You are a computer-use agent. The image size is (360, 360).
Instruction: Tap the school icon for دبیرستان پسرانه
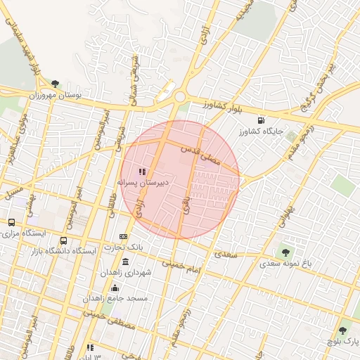142,171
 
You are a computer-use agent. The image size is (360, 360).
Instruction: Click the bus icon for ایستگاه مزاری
11,222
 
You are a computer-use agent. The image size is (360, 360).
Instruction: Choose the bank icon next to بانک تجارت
124,237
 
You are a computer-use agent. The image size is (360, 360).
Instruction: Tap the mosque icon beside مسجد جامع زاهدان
115,288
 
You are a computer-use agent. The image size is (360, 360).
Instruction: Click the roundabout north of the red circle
181,98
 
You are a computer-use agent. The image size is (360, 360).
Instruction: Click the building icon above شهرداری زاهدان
126,262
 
